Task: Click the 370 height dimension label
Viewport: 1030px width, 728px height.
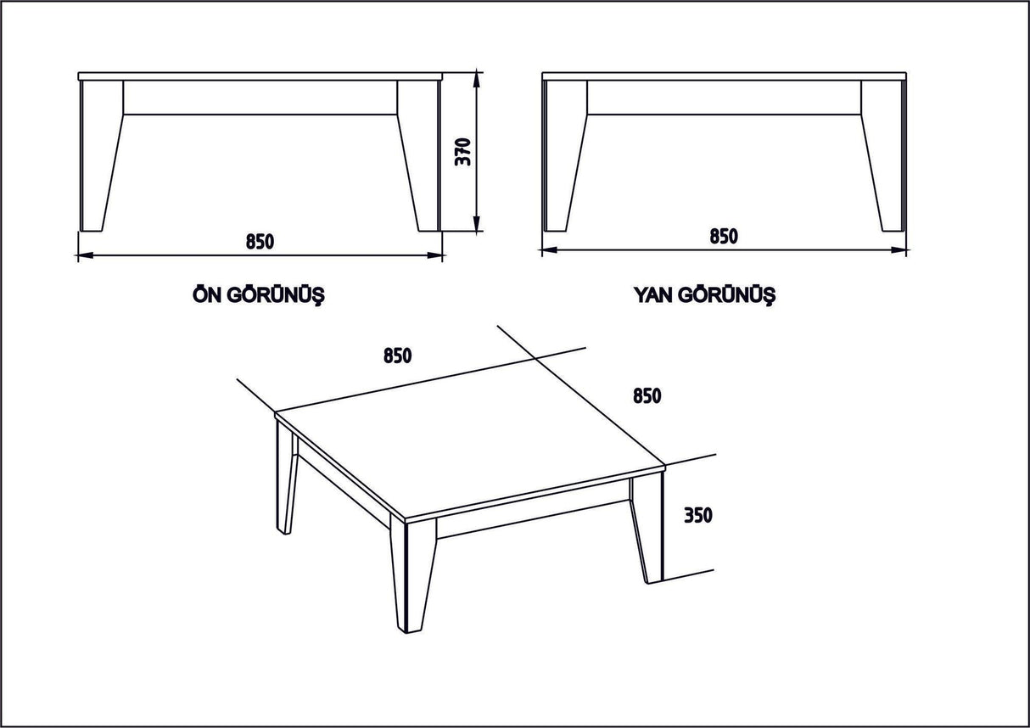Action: pos(463,151)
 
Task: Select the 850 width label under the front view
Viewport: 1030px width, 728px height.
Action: pos(260,241)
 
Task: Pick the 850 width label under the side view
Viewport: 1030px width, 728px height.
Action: pos(724,236)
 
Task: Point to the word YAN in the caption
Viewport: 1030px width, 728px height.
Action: pos(653,295)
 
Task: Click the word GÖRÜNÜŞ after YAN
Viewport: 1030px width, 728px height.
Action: pos(727,296)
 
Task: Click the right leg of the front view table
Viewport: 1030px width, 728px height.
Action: pos(420,157)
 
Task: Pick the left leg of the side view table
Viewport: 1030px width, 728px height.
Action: pos(563,157)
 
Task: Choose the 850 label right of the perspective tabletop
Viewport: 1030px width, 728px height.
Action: pos(647,395)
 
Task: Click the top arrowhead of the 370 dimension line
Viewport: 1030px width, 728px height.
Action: pos(478,79)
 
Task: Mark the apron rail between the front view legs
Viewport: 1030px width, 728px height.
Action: pos(260,98)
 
